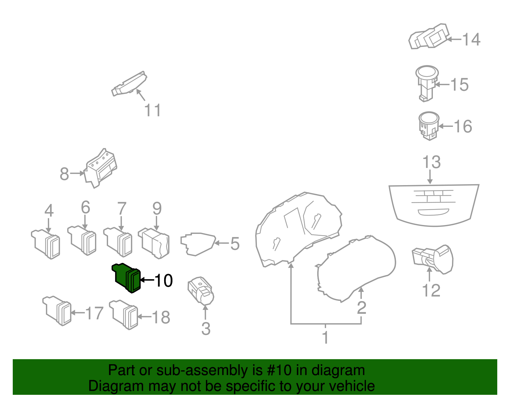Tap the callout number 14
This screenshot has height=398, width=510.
click(x=471, y=40)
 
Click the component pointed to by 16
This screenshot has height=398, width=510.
click(x=429, y=126)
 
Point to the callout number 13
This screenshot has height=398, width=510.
click(x=431, y=162)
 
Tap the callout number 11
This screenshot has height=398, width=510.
click(x=153, y=110)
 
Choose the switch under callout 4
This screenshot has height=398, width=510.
click(x=46, y=244)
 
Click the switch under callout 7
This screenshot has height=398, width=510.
click(x=118, y=242)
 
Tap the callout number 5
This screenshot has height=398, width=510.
click(x=235, y=244)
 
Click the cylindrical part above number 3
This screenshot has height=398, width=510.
click(x=201, y=290)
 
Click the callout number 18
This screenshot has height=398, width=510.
click(x=161, y=317)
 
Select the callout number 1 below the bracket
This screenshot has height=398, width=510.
click(x=325, y=338)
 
